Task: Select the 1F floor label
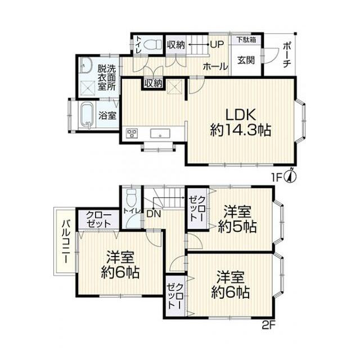[277, 178]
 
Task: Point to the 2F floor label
[268, 325]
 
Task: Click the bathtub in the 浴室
[87, 115]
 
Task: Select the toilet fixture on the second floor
[132, 198]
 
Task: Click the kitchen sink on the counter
[160, 133]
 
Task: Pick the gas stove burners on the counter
[132, 133]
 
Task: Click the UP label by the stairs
[217, 44]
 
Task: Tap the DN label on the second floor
[153, 214]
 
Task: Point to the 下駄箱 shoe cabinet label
[246, 40]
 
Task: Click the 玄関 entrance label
[246, 60]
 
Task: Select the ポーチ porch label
[286, 55]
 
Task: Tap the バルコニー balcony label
[66, 241]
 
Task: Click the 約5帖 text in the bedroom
[237, 227]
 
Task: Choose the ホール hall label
[215, 67]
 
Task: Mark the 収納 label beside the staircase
[175, 45]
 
